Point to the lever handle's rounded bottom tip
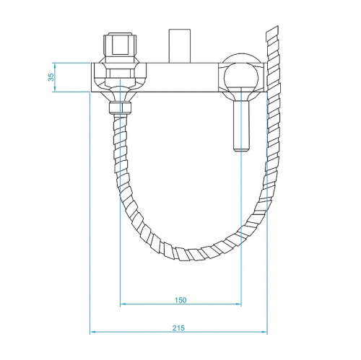[240, 149]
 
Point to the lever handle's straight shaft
[240, 123]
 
